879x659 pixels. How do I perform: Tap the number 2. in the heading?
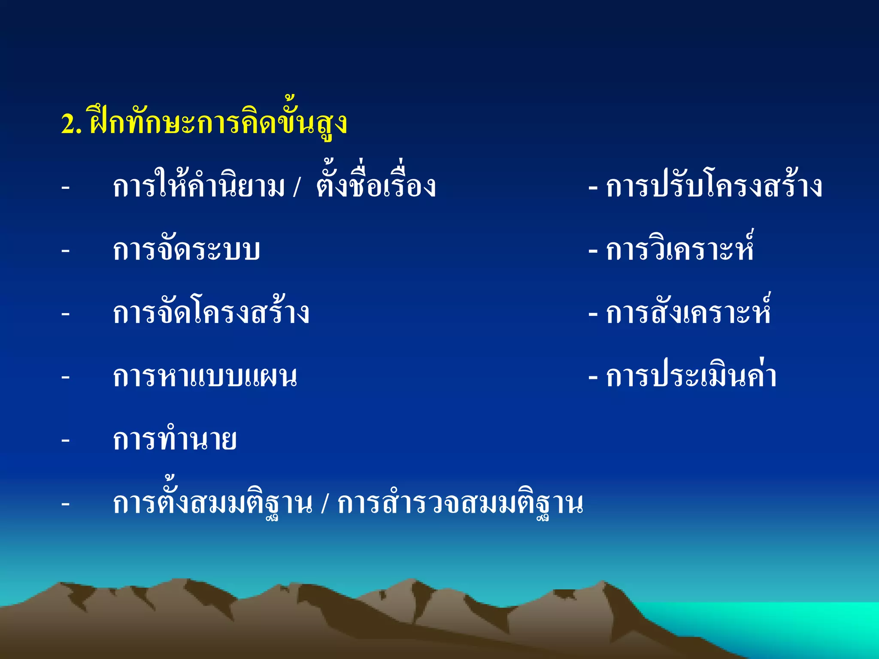(x=71, y=124)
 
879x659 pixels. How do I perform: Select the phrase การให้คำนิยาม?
(x=199, y=187)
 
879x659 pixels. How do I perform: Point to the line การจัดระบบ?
(x=186, y=250)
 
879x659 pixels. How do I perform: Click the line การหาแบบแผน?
(x=205, y=377)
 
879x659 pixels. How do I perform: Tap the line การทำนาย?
(x=175, y=440)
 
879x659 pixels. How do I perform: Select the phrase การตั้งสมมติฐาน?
(x=212, y=503)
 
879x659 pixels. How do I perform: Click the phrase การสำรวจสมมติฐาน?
(x=460, y=503)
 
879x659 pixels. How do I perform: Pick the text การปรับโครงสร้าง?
(x=714, y=187)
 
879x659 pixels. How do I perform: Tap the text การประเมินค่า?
(x=691, y=377)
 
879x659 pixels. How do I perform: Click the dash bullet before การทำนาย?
(x=66, y=440)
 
